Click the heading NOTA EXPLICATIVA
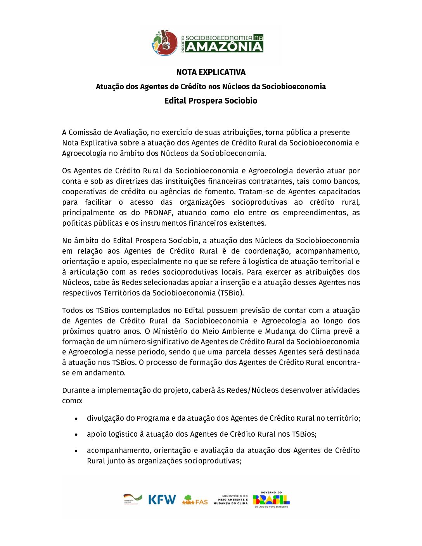[x=211, y=72]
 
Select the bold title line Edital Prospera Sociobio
[x=211, y=101]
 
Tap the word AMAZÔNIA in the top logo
[x=224, y=47]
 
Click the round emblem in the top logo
[x=164, y=43]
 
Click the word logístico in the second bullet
[x=121, y=434]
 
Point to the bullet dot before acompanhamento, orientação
[x=76, y=451]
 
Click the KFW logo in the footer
[x=162, y=499]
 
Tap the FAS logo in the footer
[x=195, y=500]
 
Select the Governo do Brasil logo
[x=271, y=499]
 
